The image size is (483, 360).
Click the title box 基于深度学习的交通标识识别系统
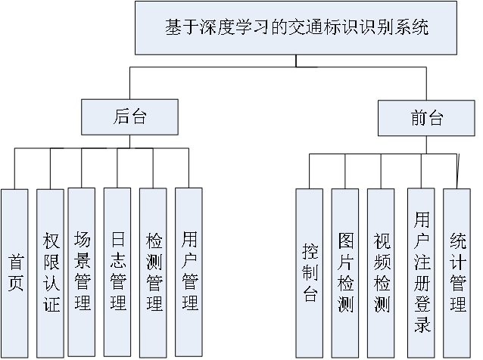[296, 29]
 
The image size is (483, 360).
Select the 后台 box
[129, 117]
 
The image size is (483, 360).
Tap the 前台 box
[427, 117]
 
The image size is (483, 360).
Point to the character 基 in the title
[173, 29]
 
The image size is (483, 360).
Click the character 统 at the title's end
[421, 29]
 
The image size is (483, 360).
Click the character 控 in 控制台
[310, 251]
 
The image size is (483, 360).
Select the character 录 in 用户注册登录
[422, 325]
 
